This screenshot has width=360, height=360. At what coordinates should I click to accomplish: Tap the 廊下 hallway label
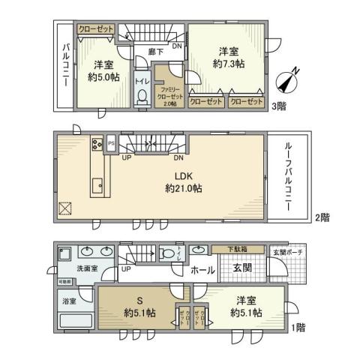click(x=156, y=52)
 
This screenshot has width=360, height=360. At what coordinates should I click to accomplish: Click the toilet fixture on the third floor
click(x=142, y=96)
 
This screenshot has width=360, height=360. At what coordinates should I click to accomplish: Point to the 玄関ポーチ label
click(x=286, y=251)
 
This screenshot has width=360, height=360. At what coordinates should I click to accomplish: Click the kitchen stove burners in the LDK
click(x=97, y=144)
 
